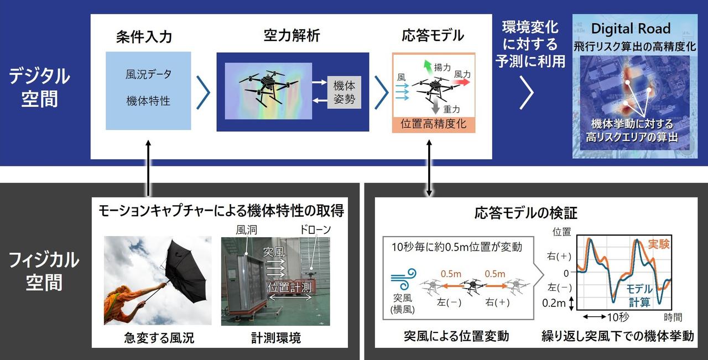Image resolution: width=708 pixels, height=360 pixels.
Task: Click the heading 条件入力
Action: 144,36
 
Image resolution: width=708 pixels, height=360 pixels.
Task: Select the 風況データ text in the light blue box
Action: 148,75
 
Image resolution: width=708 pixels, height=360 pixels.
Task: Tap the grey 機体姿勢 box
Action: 344,92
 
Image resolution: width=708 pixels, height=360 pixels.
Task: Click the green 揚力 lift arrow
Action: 428,67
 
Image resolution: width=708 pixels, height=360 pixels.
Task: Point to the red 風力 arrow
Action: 461,83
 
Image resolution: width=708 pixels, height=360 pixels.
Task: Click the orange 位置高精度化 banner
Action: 434,124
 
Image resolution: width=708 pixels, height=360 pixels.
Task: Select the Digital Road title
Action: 631,29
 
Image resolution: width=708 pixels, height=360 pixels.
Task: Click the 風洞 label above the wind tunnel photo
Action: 247,229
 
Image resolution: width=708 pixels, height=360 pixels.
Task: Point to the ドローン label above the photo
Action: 315,229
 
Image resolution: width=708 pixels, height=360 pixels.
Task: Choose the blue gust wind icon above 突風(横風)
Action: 404,279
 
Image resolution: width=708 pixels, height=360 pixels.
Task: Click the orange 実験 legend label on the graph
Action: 659,244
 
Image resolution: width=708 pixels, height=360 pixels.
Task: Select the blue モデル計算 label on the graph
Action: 639,295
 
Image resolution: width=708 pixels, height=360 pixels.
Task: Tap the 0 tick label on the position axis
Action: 566,273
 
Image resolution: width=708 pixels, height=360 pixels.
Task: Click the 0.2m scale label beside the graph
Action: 554,303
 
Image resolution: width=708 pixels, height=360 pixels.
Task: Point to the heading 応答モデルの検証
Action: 526,213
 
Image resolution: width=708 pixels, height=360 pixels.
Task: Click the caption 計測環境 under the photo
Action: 276,338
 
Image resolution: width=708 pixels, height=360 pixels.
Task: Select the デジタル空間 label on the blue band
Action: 39,87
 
